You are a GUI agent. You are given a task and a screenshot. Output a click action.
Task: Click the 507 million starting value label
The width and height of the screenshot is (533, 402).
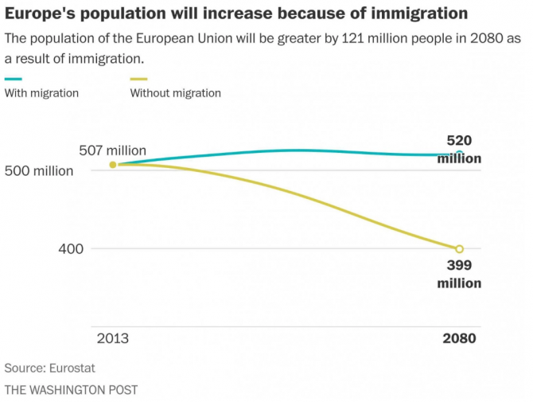[112, 150]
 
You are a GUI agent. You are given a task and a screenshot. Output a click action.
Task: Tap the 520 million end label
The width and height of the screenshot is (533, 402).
[459, 149]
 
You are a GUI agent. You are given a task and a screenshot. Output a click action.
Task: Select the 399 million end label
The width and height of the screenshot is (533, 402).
[459, 275]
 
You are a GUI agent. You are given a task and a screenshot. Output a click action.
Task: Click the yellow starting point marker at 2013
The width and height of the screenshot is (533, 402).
[113, 165]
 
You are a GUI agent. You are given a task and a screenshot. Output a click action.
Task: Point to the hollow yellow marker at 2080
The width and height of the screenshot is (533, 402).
[459, 249]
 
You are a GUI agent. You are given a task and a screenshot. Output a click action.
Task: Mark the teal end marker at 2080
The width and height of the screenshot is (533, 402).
[459, 154]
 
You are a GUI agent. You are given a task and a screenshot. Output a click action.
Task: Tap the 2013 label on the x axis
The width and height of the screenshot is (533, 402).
[112, 338]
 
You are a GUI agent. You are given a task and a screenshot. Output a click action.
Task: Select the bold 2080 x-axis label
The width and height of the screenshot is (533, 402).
[459, 338]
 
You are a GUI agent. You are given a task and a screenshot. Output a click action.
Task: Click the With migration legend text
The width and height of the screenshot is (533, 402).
[41, 93]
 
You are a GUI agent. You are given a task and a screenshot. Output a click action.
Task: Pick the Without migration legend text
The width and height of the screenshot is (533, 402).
[175, 93]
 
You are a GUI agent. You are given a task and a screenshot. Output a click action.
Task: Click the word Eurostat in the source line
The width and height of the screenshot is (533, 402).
[77, 369]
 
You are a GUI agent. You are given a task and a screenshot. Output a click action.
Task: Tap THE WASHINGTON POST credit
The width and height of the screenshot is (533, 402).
[71, 390]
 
